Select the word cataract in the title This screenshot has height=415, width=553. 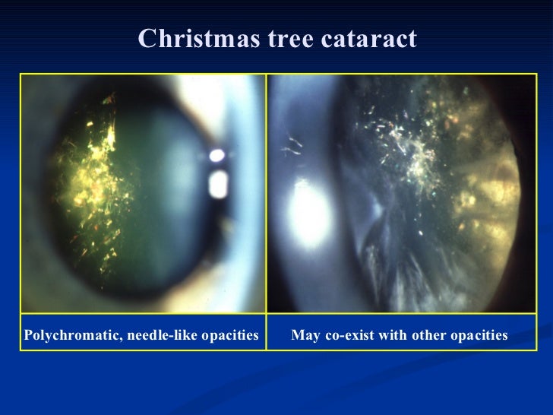[x=372, y=39]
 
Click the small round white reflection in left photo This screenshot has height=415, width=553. [x=217, y=157]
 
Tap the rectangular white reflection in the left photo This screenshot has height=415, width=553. [x=219, y=184]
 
